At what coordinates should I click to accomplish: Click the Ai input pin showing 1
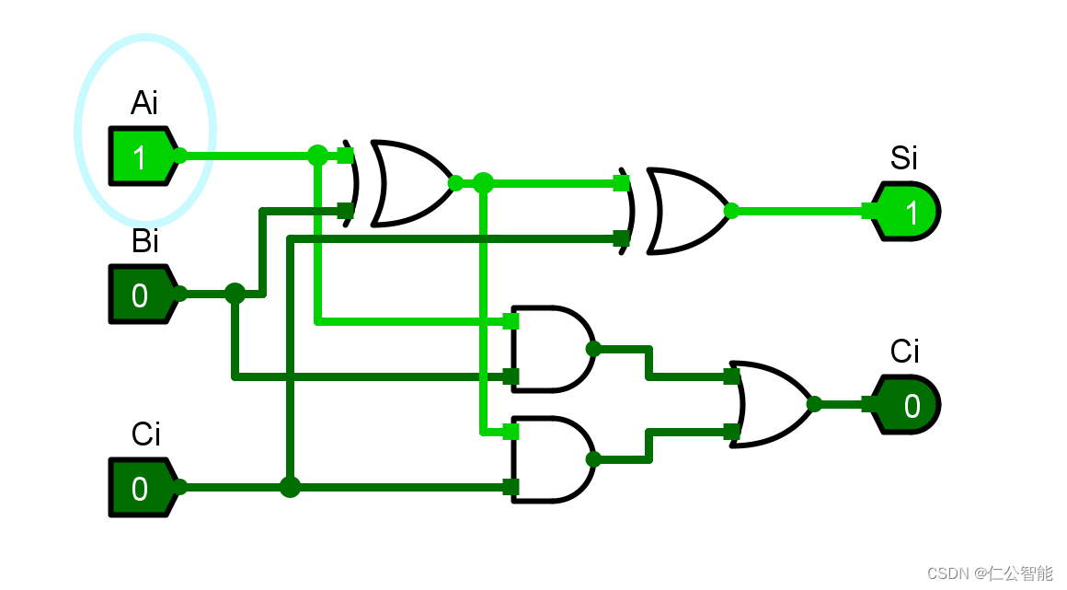(x=140, y=156)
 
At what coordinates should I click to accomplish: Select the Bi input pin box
(x=140, y=295)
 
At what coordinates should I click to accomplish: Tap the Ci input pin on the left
(x=140, y=488)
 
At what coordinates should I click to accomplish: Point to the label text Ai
(x=144, y=102)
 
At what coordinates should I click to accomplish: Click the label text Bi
(x=144, y=241)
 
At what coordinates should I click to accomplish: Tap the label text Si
(x=903, y=158)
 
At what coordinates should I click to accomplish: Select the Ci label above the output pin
(x=904, y=351)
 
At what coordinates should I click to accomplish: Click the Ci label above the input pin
(x=145, y=434)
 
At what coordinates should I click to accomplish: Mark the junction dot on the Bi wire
(x=235, y=294)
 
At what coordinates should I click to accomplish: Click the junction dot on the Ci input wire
(x=290, y=487)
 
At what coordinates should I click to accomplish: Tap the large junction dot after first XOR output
(x=483, y=183)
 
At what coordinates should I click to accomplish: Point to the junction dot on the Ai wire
(x=317, y=156)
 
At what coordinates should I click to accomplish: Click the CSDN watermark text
(x=989, y=573)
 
